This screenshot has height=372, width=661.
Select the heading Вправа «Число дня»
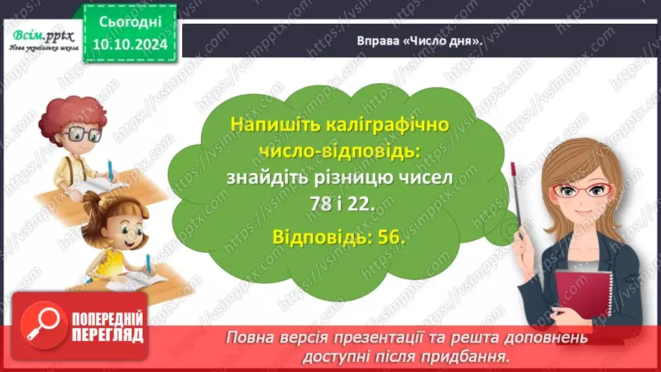pos(419,40)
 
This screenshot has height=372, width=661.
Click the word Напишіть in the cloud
pos(276,124)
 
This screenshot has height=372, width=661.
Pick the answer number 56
pos(392,238)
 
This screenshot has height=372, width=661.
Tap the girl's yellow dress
pos(115,263)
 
